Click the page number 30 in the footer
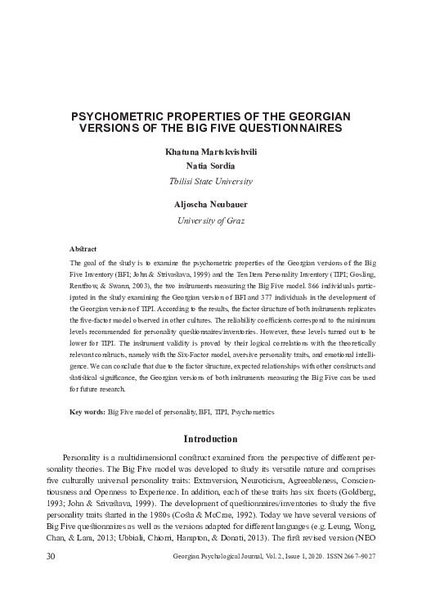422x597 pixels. tap(29, 580)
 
